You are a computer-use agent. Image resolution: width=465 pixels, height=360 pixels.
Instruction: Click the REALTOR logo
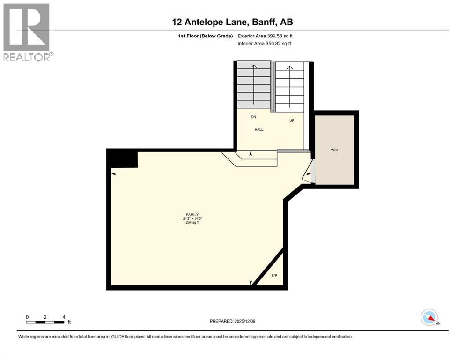(27, 31)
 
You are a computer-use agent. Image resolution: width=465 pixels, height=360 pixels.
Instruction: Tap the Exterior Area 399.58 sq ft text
(265, 36)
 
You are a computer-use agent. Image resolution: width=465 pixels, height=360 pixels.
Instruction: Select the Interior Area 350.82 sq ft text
(264, 44)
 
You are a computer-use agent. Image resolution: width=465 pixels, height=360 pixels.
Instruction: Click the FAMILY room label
(192, 214)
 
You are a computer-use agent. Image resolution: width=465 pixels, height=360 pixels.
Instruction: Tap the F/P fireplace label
(274, 275)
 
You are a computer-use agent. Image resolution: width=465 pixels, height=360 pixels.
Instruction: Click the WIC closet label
(334, 150)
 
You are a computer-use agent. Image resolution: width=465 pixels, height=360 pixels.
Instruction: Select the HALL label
(258, 129)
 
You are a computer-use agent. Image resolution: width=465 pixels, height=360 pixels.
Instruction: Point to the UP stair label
(292, 120)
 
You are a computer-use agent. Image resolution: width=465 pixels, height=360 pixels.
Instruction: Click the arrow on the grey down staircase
(254, 84)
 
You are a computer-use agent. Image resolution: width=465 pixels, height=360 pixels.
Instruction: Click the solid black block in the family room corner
(123, 158)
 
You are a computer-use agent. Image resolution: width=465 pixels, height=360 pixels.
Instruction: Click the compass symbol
(429, 317)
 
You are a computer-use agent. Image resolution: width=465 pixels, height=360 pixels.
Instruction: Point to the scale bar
(45, 322)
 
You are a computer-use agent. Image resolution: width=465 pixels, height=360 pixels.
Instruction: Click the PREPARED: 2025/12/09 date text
(233, 321)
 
